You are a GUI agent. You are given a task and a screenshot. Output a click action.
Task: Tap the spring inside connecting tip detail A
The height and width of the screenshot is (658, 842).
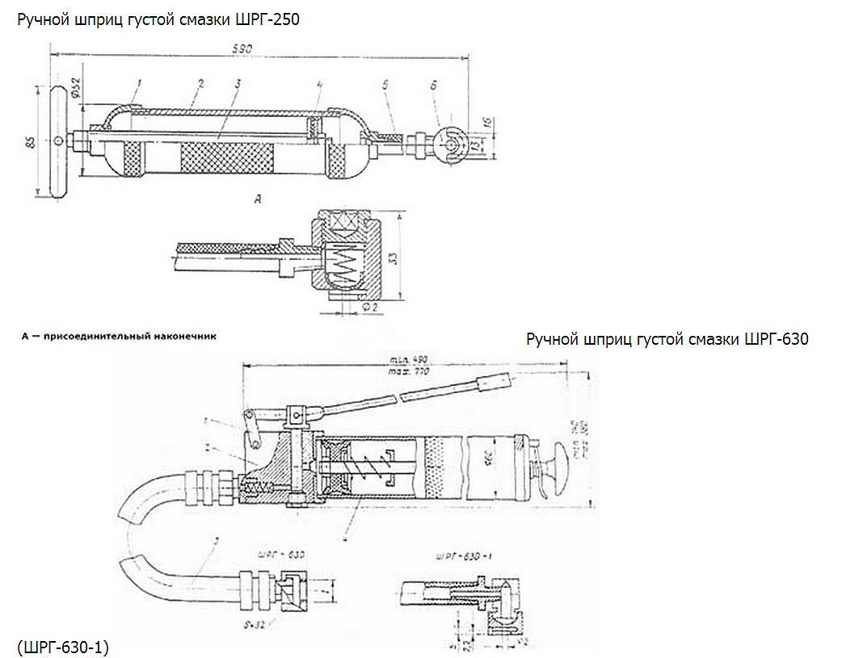[342, 263]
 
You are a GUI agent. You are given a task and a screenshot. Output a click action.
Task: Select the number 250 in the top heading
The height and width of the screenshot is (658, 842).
[285, 19]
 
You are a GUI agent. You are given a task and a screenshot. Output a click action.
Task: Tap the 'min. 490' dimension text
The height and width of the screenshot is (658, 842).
[406, 359]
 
